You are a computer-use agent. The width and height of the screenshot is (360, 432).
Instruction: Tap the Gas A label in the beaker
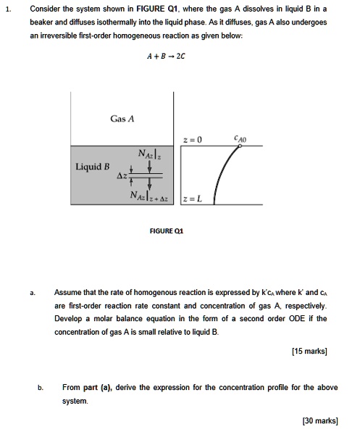[122, 118]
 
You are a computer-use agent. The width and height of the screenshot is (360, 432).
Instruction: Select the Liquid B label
[92, 167]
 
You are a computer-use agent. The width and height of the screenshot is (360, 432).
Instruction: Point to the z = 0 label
[194, 139]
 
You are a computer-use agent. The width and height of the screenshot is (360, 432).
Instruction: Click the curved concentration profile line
[220, 175]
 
